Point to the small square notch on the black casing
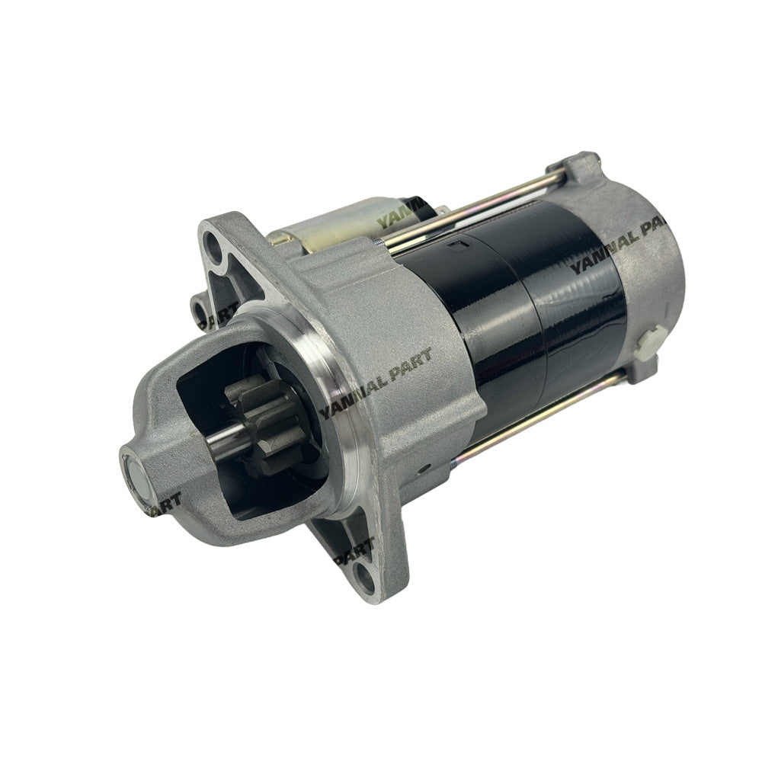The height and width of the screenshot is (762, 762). pyautogui.click(x=455, y=245)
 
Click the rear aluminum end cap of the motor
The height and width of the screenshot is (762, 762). pyautogui.click(x=648, y=259)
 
